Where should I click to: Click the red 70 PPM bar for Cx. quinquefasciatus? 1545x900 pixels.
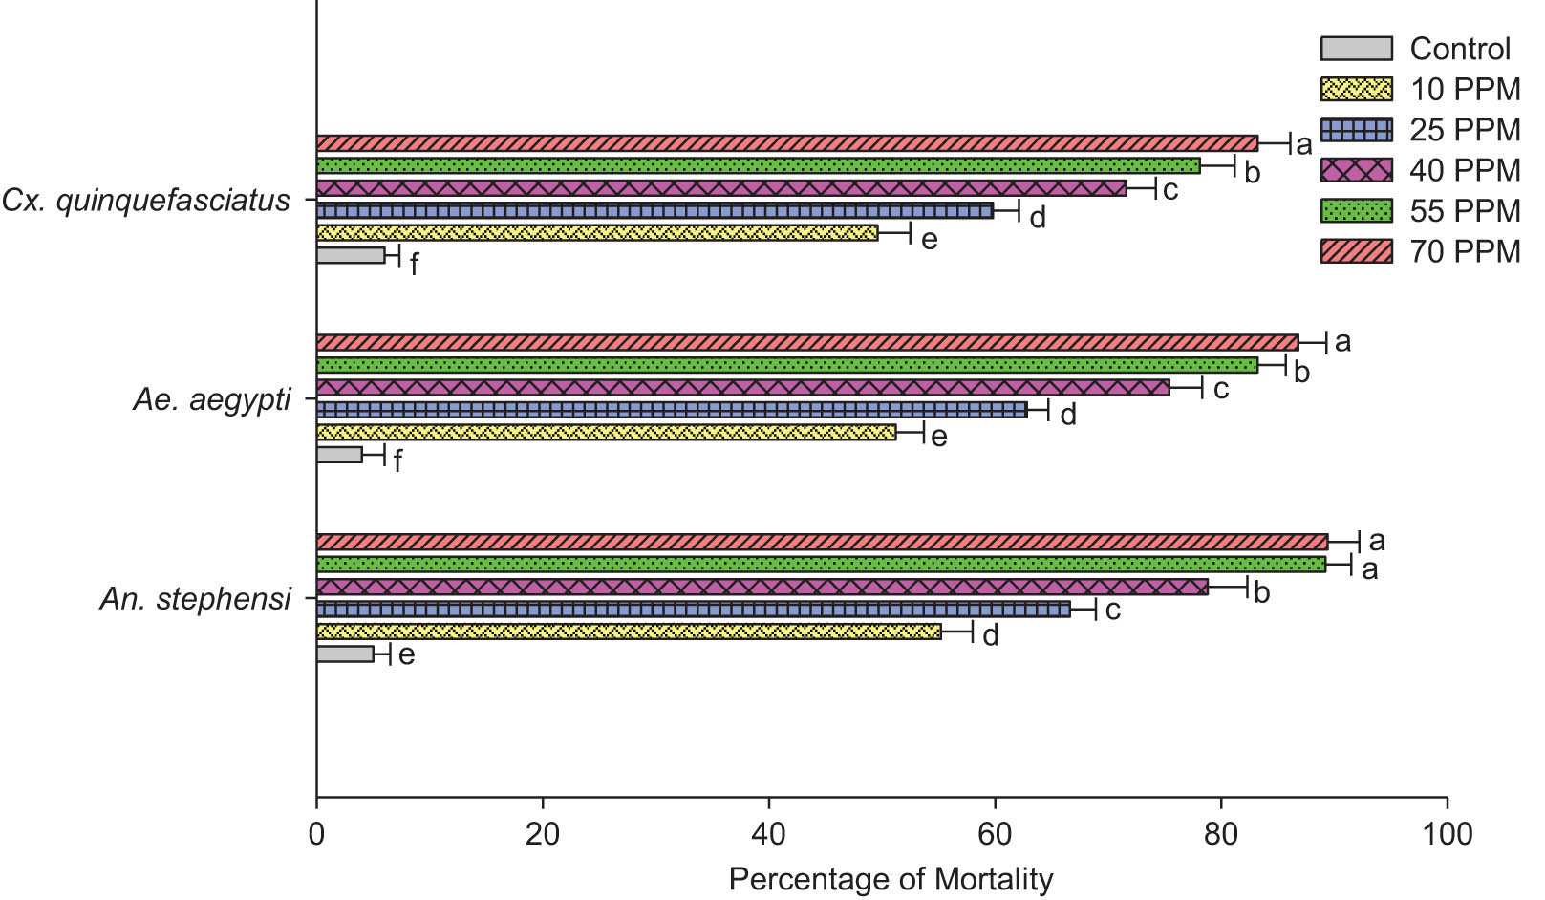pyautogui.click(x=786, y=143)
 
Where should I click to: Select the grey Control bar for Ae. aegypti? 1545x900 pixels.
pyautogui.click(x=339, y=455)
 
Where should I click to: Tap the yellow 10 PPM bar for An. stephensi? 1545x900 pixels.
pyautogui.click(x=628, y=632)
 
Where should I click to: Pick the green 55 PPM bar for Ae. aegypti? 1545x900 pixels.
pyautogui.click(x=786, y=365)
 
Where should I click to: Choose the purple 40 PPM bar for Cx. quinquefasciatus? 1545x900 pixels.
pyautogui.click(x=721, y=188)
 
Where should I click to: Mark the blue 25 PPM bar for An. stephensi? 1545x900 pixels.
pyautogui.click(x=693, y=610)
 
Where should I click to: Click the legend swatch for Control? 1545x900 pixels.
pyautogui.click(x=1356, y=49)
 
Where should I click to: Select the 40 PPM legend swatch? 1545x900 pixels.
pyautogui.click(x=1356, y=170)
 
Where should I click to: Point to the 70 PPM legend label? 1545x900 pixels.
pyautogui.click(x=1465, y=251)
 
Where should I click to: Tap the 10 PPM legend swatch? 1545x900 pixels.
pyautogui.click(x=1356, y=89)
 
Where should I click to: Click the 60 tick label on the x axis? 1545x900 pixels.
pyautogui.click(x=995, y=834)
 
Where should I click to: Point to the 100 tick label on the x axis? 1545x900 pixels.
pyautogui.click(x=1447, y=834)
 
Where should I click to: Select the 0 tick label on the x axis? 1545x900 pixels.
pyautogui.click(x=316, y=834)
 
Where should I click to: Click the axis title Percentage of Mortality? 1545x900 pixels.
pyautogui.click(x=891, y=879)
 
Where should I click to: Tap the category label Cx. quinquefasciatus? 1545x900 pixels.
pyautogui.click(x=146, y=201)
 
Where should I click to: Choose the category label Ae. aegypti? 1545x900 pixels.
pyautogui.click(x=211, y=399)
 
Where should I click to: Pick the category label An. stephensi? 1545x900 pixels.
pyautogui.click(x=195, y=599)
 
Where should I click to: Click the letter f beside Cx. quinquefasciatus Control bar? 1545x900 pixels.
pyautogui.click(x=414, y=265)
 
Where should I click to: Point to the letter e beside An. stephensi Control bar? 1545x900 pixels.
pyautogui.click(x=406, y=655)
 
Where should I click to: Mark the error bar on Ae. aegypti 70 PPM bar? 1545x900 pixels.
pyautogui.click(x=1313, y=342)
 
